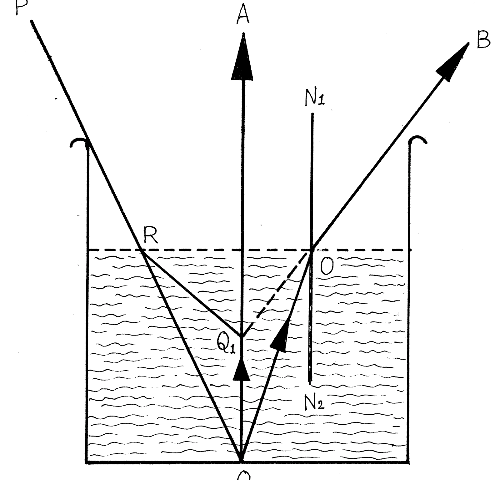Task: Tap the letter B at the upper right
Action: [x=483, y=40]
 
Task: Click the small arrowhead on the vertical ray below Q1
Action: [x=242, y=370]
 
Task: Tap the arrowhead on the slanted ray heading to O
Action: [x=280, y=336]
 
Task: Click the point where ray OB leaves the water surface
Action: [x=312, y=250]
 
